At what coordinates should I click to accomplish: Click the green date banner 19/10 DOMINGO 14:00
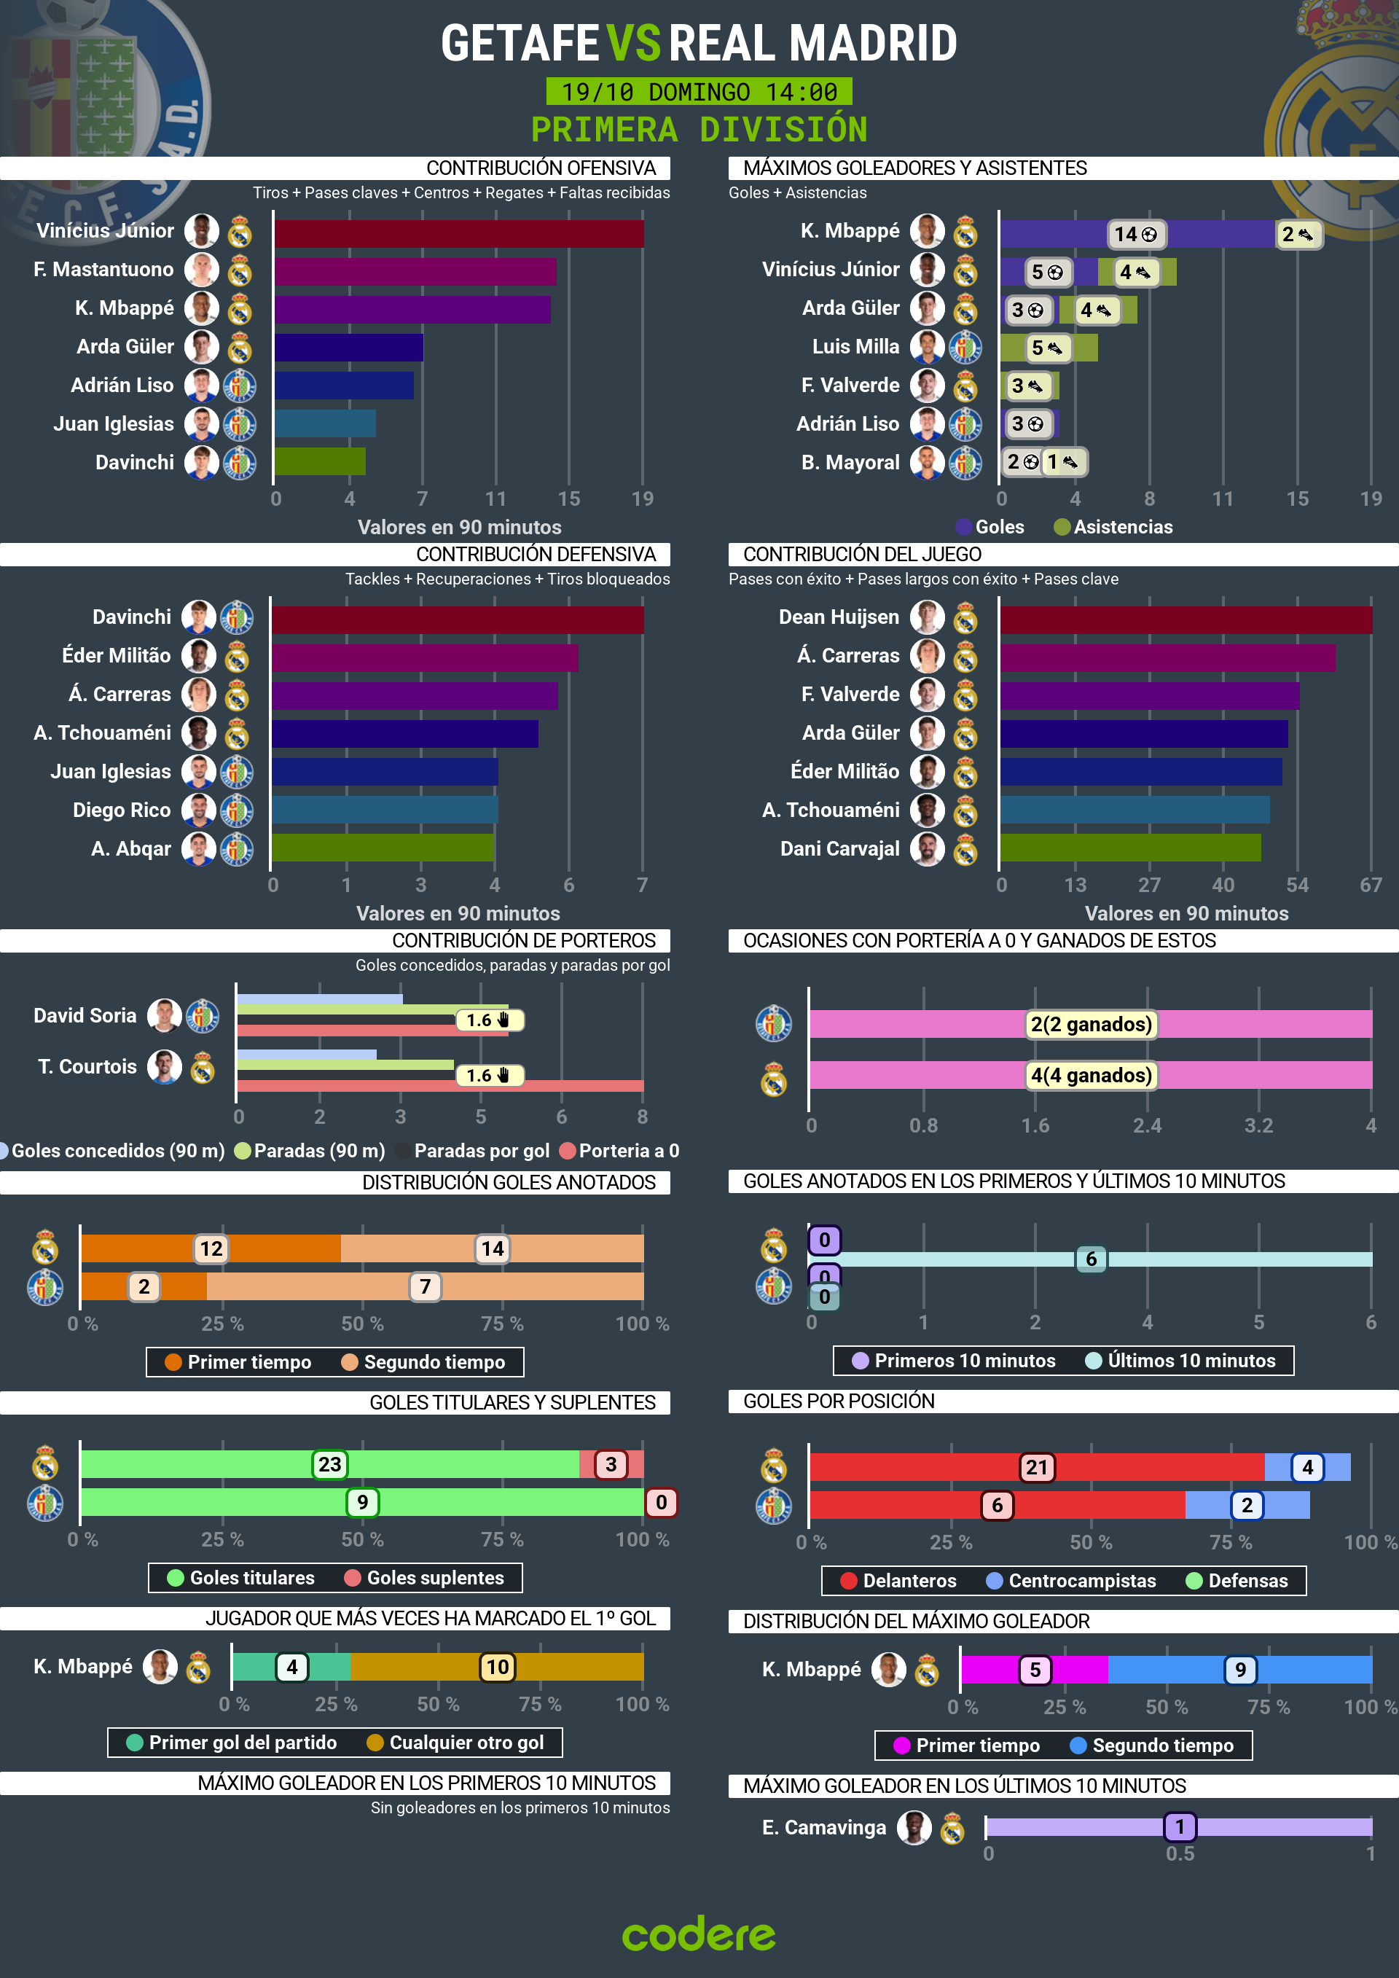pos(699,91)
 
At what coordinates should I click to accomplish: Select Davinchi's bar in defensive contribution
pos(458,619)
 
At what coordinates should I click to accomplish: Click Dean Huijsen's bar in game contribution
pos(1186,619)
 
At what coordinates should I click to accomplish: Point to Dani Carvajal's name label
pos(839,848)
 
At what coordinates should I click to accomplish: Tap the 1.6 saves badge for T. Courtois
pos(488,1075)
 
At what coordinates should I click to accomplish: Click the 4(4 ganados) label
pos(1091,1075)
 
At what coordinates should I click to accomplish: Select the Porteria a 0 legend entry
pos(619,1150)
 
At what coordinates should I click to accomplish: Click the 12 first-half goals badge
pos(211,1248)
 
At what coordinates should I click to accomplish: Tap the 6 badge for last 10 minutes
pos(1091,1259)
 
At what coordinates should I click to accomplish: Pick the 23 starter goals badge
pos(329,1463)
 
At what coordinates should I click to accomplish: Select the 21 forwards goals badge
pos(1036,1467)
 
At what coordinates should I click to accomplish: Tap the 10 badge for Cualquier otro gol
pos(497,1667)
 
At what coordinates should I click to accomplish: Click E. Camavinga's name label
pos(823,1827)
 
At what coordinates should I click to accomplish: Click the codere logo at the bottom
pos(699,1934)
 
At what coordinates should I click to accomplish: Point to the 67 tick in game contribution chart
pos(1370,885)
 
